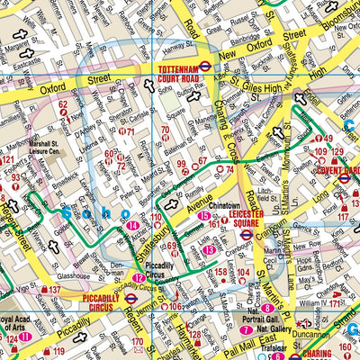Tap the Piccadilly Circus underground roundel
[x=131, y=297]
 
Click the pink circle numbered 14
[x=133, y=225]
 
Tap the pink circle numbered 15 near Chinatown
[x=203, y=217]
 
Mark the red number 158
[x=220, y=271]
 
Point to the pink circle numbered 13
[x=209, y=249]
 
